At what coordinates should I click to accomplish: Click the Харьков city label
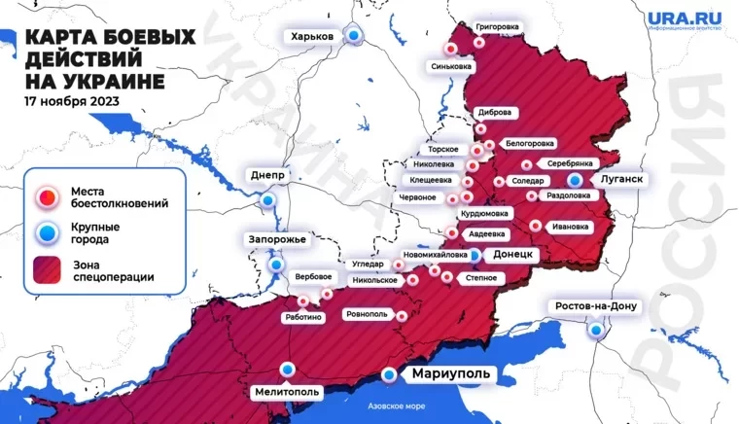click(308, 36)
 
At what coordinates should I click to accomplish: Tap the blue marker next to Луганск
click(576, 180)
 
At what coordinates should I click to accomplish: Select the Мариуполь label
click(444, 374)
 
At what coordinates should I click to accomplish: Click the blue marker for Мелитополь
click(287, 369)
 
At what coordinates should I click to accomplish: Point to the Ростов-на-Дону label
click(595, 306)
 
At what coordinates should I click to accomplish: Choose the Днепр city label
click(266, 175)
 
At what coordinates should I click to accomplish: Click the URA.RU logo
click(686, 19)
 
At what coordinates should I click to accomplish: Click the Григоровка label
click(498, 26)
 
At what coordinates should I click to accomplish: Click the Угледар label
click(368, 264)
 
